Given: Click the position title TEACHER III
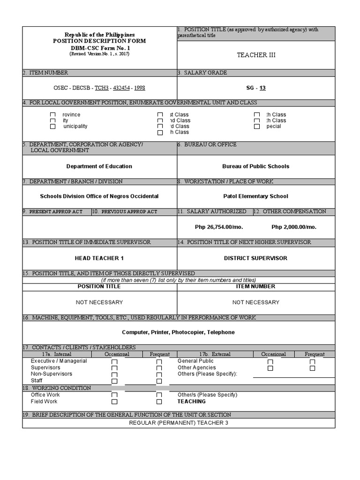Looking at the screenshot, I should pos(255,55).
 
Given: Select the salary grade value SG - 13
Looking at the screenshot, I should pos(256,88).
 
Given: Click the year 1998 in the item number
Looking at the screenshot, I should pos(140,88).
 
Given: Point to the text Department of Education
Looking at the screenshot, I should pos(99,166).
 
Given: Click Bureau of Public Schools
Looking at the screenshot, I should pos(255,166).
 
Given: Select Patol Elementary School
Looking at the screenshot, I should pos(255,196).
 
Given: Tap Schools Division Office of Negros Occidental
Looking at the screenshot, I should pos(99,196).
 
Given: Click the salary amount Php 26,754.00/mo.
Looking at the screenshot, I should pos(219,227).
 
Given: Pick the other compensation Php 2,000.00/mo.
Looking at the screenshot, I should pos(294,227).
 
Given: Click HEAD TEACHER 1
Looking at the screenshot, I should pos(99,258).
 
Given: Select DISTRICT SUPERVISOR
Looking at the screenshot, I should pos(255,258).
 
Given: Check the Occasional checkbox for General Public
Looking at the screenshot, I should pos(270,362).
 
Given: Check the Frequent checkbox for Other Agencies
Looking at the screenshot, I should pos(312,368).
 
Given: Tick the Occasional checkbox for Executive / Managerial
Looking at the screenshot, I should pos(114,362).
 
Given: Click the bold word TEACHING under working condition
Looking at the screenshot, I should pos(191,402).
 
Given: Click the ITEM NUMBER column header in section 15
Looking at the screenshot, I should pos(255,286).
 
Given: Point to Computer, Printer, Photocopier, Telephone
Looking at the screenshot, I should pos(178,332).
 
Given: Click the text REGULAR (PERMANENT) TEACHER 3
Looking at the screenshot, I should pos(178,423).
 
